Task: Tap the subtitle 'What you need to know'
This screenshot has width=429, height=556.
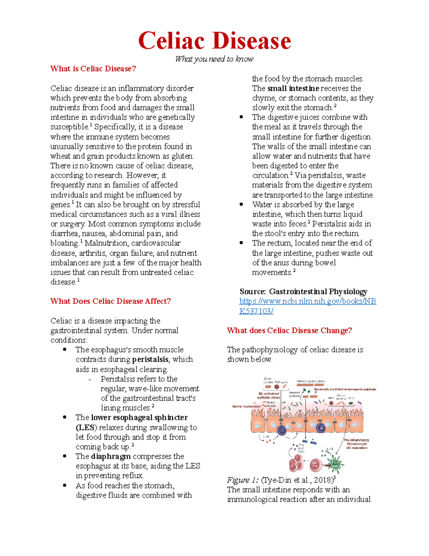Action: click(x=214, y=59)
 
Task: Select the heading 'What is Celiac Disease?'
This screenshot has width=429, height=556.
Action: click(x=93, y=69)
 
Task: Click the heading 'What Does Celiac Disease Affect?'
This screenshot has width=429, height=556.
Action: click(x=110, y=301)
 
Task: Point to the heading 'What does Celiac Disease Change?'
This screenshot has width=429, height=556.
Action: click(x=289, y=330)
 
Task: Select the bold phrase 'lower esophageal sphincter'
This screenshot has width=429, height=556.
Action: click(x=139, y=417)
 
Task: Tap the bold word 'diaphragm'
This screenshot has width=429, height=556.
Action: click(x=111, y=456)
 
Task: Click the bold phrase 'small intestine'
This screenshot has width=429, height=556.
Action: click(x=293, y=88)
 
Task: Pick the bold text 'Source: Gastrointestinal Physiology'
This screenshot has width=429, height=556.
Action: click(x=303, y=291)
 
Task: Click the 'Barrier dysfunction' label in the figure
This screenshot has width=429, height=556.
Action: click(x=246, y=406)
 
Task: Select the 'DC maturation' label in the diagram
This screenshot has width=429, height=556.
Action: click(x=357, y=448)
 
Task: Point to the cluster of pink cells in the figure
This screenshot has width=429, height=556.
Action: click(x=296, y=463)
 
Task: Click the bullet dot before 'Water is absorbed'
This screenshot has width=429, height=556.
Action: click(x=241, y=204)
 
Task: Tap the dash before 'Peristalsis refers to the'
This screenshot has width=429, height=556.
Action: click(x=90, y=379)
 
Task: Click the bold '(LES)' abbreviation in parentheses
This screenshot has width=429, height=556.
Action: click(x=86, y=427)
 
